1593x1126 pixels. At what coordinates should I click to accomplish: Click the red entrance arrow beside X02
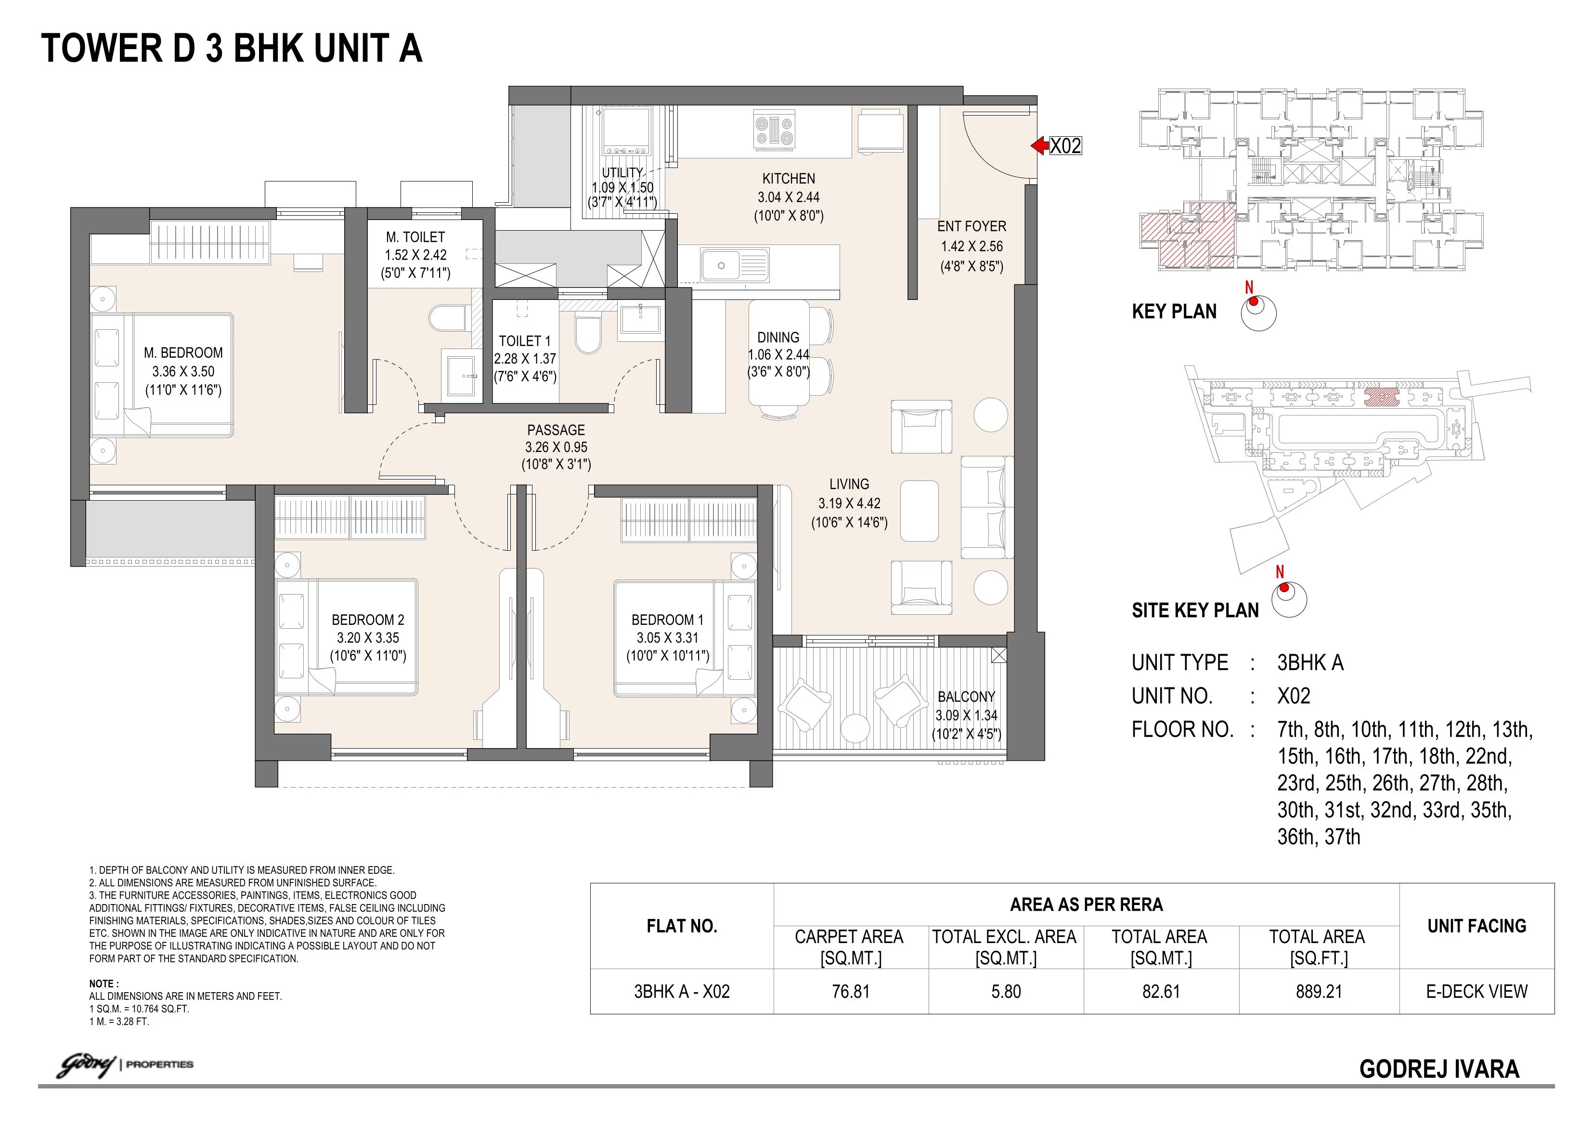coord(1038,146)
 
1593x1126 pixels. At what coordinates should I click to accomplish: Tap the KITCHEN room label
coord(788,178)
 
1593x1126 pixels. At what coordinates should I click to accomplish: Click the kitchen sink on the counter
coord(735,266)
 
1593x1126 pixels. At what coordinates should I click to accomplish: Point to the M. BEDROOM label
coord(183,352)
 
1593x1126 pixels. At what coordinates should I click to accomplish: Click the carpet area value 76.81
coord(851,991)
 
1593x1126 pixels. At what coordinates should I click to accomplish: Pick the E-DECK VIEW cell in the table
coord(1476,991)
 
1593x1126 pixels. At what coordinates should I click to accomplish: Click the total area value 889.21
coord(1318,991)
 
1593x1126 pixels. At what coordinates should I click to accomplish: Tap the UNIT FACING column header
coord(1476,926)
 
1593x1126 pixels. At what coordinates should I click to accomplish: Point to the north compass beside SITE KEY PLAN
coord(1288,598)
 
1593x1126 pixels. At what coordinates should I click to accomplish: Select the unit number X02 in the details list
coord(1293,696)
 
